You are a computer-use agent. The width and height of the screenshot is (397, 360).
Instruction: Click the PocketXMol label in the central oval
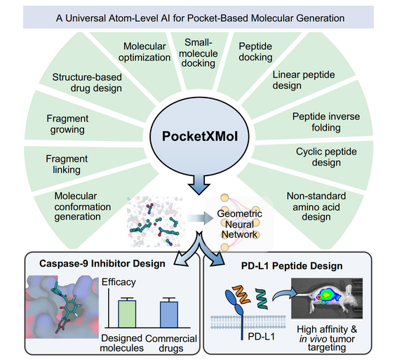pyautogui.click(x=200, y=136)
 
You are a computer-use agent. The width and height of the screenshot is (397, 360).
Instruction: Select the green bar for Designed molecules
pyautogui.click(x=127, y=314)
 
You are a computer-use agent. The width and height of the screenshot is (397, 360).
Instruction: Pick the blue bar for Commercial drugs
pyautogui.click(x=169, y=314)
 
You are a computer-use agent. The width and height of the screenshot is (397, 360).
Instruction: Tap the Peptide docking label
pyautogui.click(x=255, y=52)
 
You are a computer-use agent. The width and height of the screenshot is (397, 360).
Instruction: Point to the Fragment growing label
pyautogui.click(x=67, y=124)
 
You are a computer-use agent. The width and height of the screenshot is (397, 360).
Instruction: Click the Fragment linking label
pyautogui.click(x=67, y=164)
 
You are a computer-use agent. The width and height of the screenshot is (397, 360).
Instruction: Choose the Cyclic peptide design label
pyautogui.click(x=326, y=157)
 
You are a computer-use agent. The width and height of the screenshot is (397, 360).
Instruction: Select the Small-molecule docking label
pyautogui.click(x=198, y=53)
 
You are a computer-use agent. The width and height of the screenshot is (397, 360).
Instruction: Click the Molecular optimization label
pyautogui.click(x=144, y=52)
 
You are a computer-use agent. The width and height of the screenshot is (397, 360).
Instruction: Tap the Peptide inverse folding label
pyautogui.click(x=326, y=122)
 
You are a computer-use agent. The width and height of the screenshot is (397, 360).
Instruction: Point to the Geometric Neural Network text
pyautogui.click(x=239, y=224)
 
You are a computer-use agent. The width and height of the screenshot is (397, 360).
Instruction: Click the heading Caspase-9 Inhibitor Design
pyautogui.click(x=102, y=263)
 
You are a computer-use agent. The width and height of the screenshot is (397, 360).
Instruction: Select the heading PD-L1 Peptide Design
pyautogui.click(x=292, y=266)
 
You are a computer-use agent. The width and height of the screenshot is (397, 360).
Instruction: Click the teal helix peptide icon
pyautogui.click(x=262, y=298)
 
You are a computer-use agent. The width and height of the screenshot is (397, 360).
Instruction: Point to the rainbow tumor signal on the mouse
pyautogui.click(x=327, y=295)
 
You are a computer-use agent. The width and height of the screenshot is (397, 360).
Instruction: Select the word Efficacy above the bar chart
pyautogui.click(x=119, y=282)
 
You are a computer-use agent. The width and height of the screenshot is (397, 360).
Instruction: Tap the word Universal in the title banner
pyautogui.click(x=86, y=18)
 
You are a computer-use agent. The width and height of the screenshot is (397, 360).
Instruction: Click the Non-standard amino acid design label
pyautogui.click(x=316, y=206)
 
